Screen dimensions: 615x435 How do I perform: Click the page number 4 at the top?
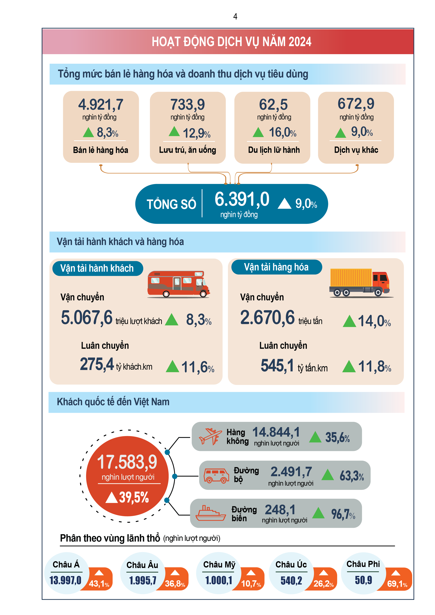(235, 17)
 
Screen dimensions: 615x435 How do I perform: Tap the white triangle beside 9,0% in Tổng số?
(284, 204)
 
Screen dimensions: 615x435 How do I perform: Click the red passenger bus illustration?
(178, 284)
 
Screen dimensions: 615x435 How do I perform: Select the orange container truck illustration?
(359, 283)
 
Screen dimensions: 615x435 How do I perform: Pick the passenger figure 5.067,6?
(87, 318)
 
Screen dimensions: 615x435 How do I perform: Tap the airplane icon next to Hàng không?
(210, 436)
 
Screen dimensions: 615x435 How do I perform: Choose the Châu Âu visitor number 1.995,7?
(143, 580)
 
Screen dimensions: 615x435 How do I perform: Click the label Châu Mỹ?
(219, 564)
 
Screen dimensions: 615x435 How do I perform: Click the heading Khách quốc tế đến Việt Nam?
(113, 402)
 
